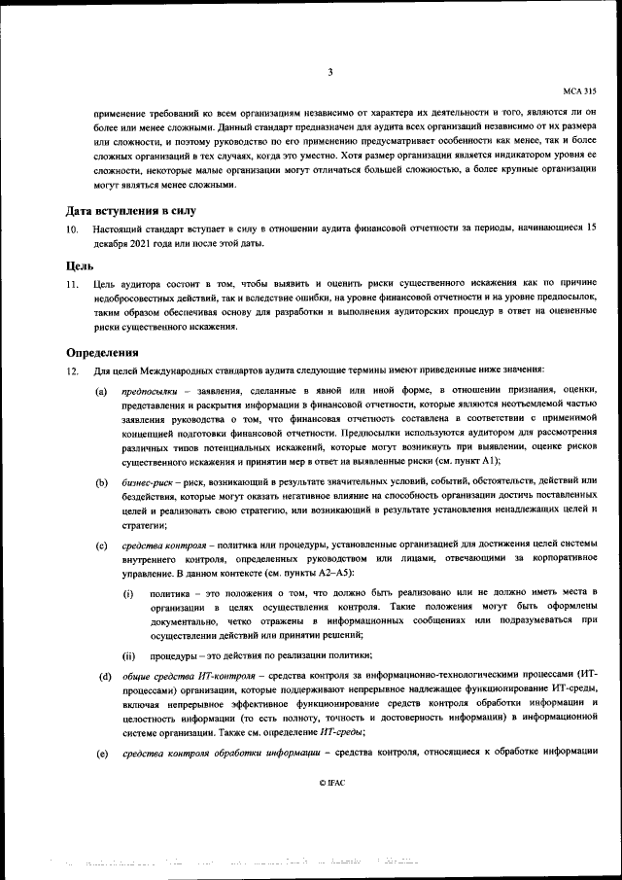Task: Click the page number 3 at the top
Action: pos(330,72)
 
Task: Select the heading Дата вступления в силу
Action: pos(130,210)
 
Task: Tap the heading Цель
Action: pos(80,264)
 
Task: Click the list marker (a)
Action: pos(101,390)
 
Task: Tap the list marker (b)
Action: pos(101,481)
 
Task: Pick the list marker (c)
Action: pos(101,544)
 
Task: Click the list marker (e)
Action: pos(101,754)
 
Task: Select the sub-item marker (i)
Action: pos(127,591)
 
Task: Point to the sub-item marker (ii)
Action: pos(128,655)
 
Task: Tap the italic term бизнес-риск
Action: pos(147,481)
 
